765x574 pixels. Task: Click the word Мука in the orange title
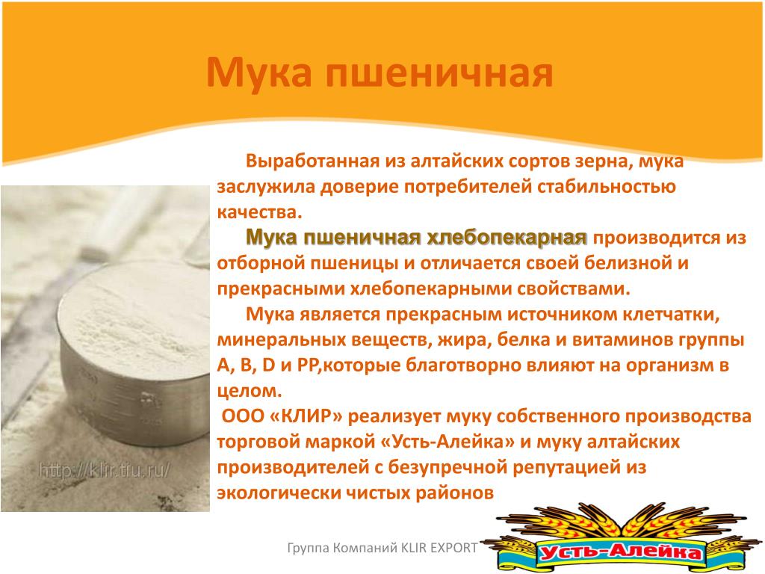tap(258, 72)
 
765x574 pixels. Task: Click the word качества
tap(259, 213)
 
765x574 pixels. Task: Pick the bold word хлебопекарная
tap(507, 238)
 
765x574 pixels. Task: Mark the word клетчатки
tap(670, 315)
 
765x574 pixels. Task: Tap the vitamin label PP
tap(307, 365)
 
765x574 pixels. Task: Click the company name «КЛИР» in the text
tap(306, 416)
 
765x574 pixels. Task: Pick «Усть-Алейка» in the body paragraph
tap(447, 442)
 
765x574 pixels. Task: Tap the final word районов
tap(454, 493)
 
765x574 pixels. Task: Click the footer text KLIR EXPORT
tap(439, 548)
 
